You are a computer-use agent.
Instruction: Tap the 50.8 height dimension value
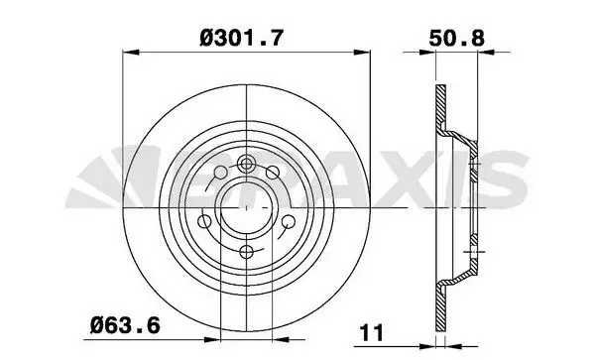pyautogui.click(x=456, y=42)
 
